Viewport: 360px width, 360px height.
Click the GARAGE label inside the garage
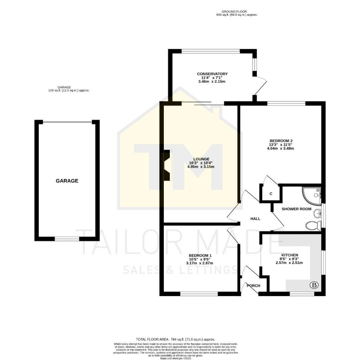(x=67, y=181)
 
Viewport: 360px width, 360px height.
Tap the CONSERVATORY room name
(x=212, y=74)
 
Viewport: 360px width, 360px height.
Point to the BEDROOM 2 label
(x=280, y=141)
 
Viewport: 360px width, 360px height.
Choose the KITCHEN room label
(x=289, y=255)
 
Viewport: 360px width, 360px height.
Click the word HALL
(x=255, y=219)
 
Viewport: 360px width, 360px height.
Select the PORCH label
(x=253, y=286)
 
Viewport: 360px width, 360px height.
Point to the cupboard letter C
(x=271, y=194)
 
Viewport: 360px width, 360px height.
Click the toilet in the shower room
(x=312, y=225)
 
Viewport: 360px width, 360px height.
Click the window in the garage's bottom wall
(x=67, y=239)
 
